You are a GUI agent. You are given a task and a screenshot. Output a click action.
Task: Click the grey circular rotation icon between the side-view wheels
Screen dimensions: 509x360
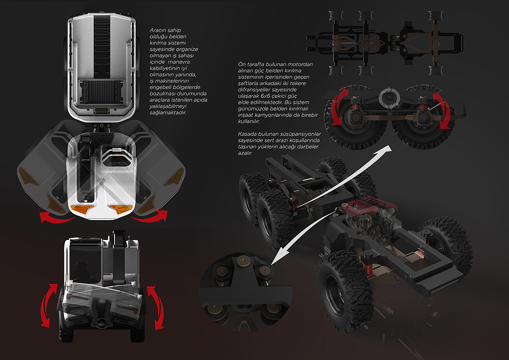coord(389,98)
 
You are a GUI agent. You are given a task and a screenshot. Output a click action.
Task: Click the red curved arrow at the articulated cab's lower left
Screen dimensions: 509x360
coord(57,218)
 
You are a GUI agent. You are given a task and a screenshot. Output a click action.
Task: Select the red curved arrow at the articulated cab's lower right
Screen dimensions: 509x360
coord(150,217)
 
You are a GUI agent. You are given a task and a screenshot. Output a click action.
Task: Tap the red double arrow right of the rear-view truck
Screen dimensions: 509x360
coord(156,308)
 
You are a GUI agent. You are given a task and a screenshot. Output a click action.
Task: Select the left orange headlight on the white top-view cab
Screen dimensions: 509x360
coord(82,209)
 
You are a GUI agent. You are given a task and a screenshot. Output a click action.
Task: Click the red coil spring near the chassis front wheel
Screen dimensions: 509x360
coord(367,271)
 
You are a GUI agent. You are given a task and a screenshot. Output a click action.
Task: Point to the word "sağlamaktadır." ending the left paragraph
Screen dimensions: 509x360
coord(168,113)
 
